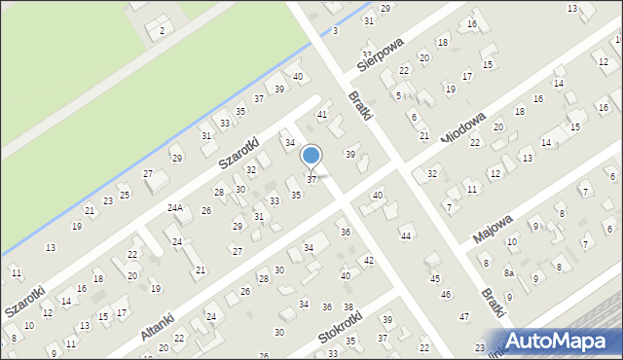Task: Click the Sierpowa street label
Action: point(380,56)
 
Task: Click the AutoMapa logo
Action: point(561,340)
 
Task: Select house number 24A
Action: point(175,207)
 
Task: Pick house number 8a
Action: point(508,273)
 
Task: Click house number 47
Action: point(464,317)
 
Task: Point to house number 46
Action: point(446,294)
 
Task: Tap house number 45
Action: point(435,279)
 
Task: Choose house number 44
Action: point(406,236)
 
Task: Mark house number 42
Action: point(369,261)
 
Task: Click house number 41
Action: point(322,115)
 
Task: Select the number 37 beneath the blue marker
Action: point(311,179)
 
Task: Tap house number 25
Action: point(124,195)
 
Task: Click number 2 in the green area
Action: point(162,31)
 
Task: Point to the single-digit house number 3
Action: point(334,31)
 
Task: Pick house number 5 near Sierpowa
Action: point(399,95)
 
